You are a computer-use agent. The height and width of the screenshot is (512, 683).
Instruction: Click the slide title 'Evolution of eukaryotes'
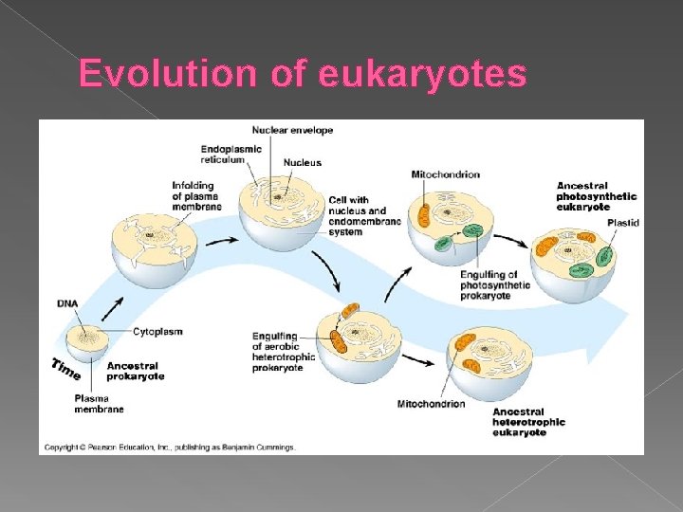(302, 73)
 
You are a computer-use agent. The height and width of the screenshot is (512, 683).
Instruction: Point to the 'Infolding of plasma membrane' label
(196, 195)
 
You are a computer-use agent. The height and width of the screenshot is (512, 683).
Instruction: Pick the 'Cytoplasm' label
(157, 332)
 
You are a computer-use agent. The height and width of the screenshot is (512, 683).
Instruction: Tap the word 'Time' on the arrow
(65, 368)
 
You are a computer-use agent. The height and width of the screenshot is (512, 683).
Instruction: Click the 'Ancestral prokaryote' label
(135, 371)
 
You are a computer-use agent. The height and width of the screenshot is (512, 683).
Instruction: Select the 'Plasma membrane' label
(99, 404)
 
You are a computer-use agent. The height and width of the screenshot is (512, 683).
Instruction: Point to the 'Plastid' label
(623, 222)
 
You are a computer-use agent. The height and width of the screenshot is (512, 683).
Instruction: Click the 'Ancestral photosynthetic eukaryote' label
(596, 196)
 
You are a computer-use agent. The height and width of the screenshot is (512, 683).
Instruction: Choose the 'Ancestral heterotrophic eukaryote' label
(528, 422)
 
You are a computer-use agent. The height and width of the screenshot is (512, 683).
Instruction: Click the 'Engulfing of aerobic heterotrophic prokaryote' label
(278, 351)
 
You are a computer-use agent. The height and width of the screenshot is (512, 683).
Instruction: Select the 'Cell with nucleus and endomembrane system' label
(364, 215)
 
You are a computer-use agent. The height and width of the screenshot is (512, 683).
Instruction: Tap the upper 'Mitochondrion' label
(445, 174)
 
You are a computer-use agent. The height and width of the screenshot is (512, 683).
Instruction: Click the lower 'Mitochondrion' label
(431, 404)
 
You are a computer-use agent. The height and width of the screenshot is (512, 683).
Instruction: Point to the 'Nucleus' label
(302, 163)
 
